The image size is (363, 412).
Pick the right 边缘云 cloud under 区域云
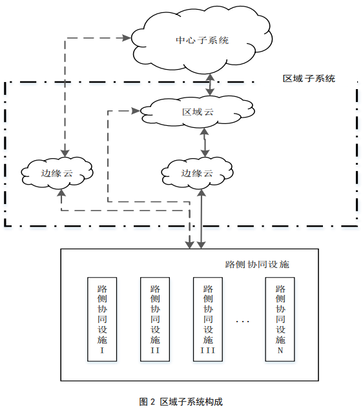click(x=197, y=172)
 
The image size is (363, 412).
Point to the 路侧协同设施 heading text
click(x=257, y=265)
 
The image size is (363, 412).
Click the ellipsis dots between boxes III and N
click(x=244, y=321)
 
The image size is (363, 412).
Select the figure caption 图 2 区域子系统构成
click(x=181, y=401)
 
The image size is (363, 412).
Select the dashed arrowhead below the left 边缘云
click(x=61, y=194)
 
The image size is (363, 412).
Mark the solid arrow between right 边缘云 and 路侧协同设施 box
click(x=203, y=220)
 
